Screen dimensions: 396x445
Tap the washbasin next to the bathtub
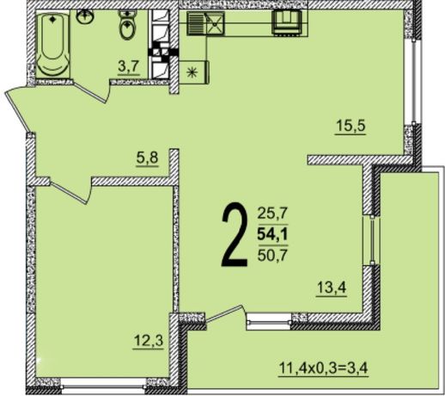87,17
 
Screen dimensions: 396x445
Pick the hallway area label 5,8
148,158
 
